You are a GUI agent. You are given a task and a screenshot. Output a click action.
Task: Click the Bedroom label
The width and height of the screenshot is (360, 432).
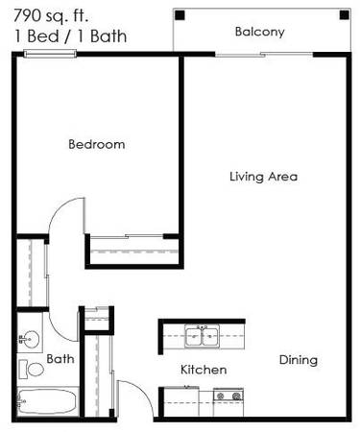(97, 144)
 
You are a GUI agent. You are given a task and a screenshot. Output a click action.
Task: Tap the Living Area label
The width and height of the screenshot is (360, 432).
(264, 177)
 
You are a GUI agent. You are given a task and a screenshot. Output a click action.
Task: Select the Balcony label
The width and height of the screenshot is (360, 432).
(259, 32)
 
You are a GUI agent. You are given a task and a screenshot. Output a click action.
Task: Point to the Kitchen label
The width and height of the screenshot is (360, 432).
(204, 370)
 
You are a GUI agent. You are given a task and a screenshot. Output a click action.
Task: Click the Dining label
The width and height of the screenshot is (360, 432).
(299, 360)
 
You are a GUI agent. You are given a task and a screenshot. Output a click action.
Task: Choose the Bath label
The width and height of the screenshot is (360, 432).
(60, 359)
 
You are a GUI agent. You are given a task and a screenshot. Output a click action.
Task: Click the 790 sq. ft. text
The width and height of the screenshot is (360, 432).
(51, 15)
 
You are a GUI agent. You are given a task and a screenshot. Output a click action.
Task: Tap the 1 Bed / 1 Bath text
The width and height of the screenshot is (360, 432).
(70, 36)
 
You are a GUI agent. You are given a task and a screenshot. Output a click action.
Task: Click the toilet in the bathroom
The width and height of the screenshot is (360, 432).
(31, 370)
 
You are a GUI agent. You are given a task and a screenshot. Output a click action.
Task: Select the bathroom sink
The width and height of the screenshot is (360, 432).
(30, 339)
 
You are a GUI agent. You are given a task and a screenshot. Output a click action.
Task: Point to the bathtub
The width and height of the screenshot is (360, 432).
(48, 401)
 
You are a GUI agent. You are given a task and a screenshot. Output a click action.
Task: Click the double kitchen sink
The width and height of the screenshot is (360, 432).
(203, 336)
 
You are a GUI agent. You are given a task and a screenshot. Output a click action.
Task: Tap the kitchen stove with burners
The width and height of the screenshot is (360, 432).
(228, 396)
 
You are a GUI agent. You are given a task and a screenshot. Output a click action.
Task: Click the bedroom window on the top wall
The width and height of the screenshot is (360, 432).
(51, 54)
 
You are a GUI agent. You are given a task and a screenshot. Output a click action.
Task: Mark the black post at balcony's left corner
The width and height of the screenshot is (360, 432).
(180, 15)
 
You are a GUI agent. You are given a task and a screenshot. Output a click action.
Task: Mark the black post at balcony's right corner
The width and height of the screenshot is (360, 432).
(345, 15)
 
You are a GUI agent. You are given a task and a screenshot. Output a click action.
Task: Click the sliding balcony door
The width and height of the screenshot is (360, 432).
(264, 55)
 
